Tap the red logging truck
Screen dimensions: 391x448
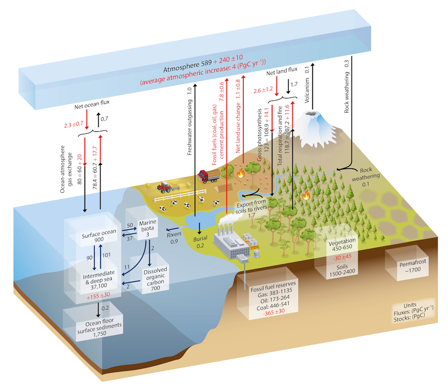click(x=207, y=176)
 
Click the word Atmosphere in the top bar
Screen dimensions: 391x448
click(x=180, y=70)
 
